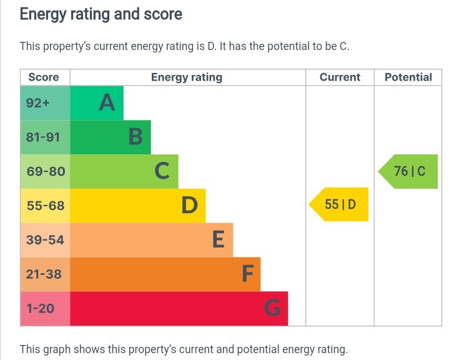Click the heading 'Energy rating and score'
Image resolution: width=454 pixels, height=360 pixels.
101,14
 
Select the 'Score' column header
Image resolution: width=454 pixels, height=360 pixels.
44,77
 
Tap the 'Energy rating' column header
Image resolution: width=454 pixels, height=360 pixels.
187,77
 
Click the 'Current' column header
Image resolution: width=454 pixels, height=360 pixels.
340,77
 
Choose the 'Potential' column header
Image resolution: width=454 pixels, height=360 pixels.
408,77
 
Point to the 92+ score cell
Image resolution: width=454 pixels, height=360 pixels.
38,102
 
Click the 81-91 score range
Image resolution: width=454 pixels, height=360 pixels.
43,137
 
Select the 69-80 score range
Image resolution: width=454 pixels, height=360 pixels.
46,171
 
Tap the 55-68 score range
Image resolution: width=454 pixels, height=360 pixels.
46,206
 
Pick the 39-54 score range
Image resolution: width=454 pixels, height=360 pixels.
45,240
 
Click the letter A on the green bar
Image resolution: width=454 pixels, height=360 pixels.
107,102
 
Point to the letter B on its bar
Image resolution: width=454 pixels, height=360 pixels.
136,137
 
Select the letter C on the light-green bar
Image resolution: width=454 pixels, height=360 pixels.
162,171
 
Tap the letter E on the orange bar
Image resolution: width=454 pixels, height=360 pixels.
218,240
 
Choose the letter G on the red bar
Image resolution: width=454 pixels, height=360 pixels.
272,308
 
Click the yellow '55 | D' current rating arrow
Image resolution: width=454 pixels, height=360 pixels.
340,204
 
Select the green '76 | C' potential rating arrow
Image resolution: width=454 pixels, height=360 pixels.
409,171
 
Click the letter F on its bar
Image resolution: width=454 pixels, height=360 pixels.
247,274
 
